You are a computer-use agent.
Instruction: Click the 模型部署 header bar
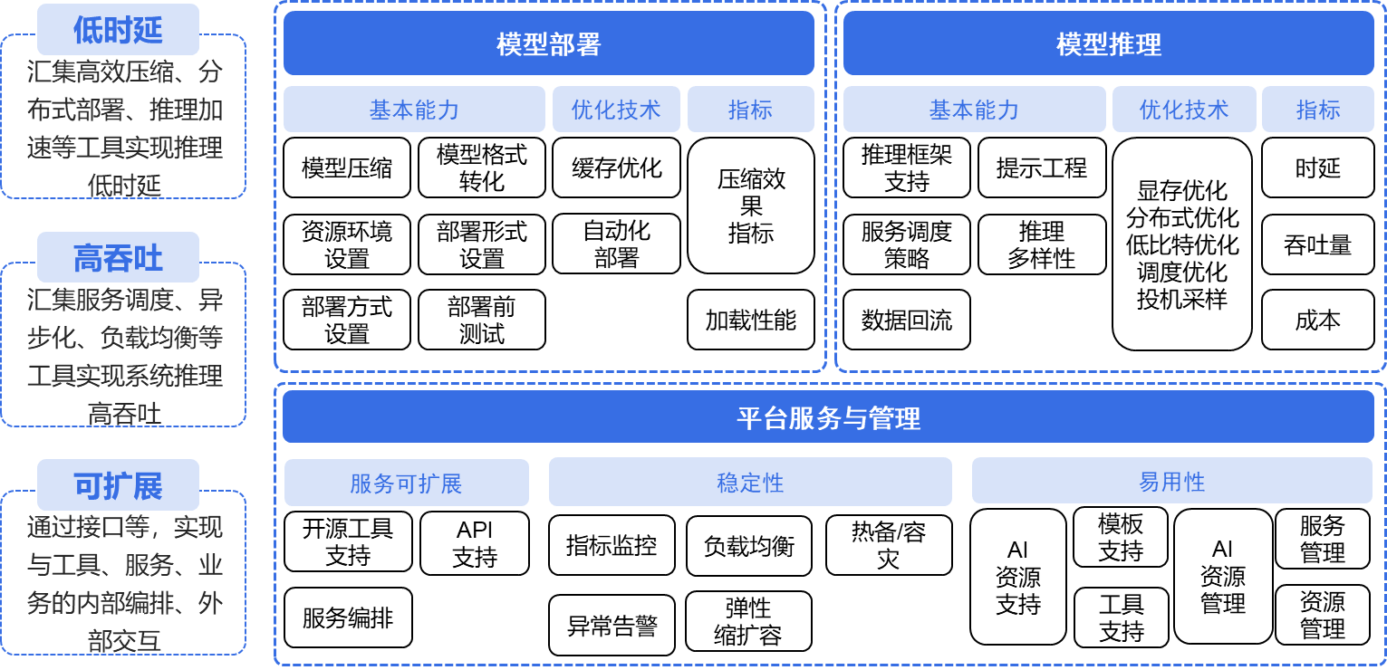point(549,43)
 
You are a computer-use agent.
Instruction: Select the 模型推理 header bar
point(1108,43)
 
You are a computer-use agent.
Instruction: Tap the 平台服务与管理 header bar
point(828,417)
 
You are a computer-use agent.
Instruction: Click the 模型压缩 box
point(347,167)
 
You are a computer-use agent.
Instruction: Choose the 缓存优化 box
point(616,167)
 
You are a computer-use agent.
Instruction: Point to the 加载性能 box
point(750,320)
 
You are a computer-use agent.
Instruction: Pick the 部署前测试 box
point(482,320)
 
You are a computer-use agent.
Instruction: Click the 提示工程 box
point(1042,167)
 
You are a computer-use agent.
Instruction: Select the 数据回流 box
point(907,320)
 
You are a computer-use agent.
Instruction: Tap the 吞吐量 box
point(1317,244)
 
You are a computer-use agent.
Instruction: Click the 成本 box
point(1317,320)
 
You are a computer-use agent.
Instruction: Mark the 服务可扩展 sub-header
point(406,483)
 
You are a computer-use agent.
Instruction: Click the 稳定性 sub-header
point(750,482)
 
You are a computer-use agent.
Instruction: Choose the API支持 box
point(475,543)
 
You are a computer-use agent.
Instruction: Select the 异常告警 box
point(612,625)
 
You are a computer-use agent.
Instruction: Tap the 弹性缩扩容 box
point(748,621)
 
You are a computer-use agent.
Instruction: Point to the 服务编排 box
point(348,617)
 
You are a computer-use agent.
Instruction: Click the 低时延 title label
point(118,29)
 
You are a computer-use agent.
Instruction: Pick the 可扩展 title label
point(118,485)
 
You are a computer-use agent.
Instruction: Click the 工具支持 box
point(1122,617)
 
